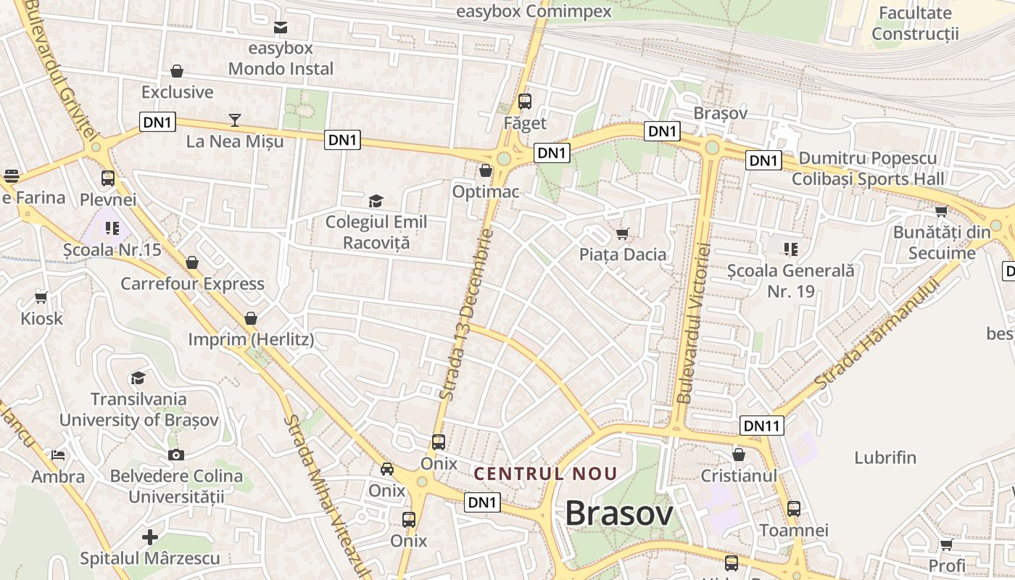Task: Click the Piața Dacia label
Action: point(623,254)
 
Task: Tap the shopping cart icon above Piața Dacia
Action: point(622,233)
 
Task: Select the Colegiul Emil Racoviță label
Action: point(376,232)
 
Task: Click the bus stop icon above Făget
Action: point(525,101)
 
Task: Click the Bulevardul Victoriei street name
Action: point(694,323)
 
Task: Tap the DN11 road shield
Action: point(762,426)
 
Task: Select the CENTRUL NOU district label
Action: point(545,474)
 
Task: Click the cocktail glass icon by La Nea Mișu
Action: point(235,120)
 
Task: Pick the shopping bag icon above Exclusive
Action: point(177,71)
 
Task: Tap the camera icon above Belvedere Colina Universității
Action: point(176,455)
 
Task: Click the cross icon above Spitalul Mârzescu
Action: point(150,537)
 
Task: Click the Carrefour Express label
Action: point(192,283)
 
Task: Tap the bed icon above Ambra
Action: point(58,455)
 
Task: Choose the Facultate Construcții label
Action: point(915,23)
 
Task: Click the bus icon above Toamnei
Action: point(794,509)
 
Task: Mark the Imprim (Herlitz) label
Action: point(251,339)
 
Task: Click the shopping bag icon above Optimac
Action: point(486,170)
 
